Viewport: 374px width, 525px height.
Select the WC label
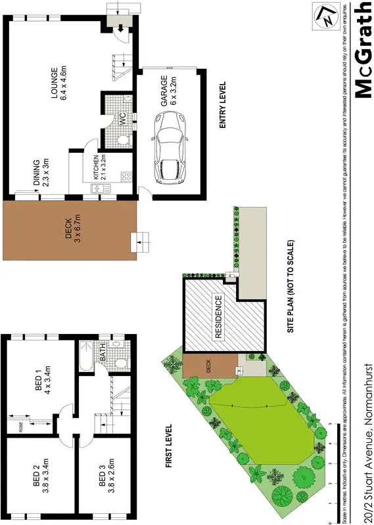pos(122,119)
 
